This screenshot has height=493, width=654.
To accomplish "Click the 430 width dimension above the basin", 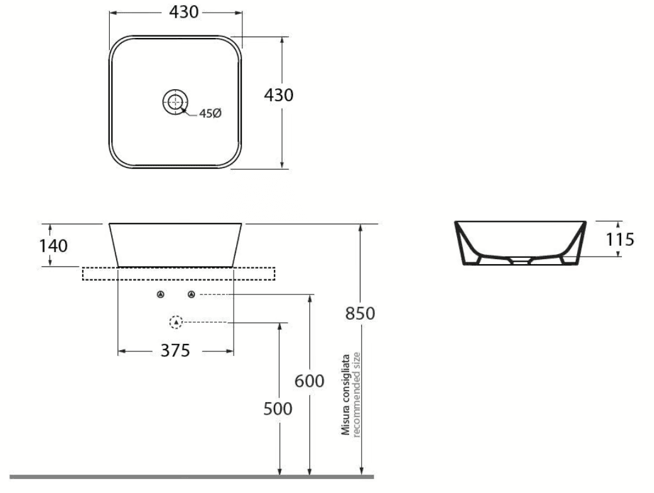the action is coord(184,12).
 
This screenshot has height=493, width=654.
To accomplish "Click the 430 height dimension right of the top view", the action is coord(278,95).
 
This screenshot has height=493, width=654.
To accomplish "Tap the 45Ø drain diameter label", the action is coord(210,113).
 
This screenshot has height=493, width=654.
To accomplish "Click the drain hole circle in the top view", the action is coord(175,101).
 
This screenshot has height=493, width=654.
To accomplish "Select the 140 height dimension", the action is coord(54,246).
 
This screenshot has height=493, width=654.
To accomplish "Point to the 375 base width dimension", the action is coord(175,351).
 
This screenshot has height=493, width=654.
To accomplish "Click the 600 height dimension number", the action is coord(309,381).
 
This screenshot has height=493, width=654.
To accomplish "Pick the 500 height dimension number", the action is coord(278,409).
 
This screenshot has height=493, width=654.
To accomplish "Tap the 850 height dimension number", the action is coord(360,313).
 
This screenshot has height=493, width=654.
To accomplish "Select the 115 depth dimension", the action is coord(620,240).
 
